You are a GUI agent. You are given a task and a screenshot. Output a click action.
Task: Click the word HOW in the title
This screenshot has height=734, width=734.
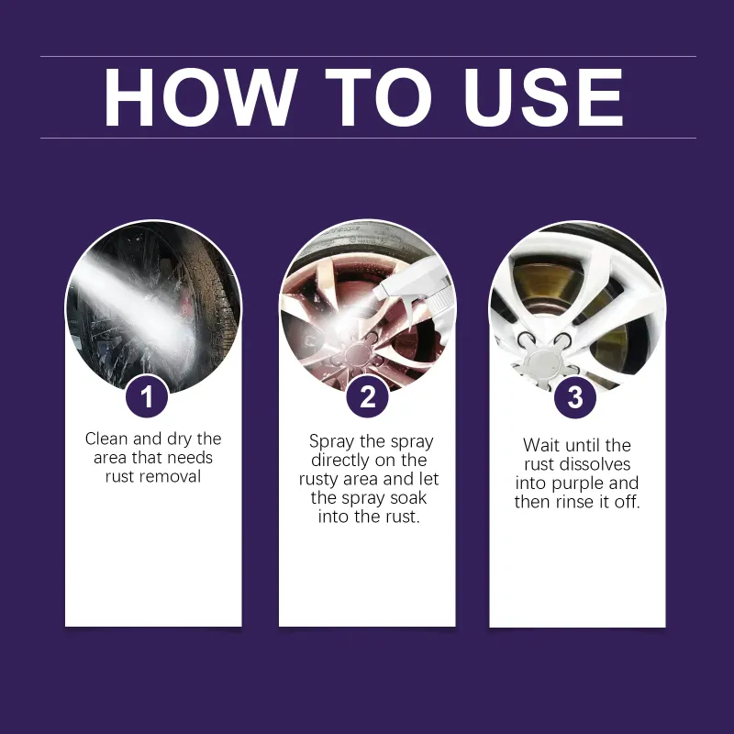(200, 97)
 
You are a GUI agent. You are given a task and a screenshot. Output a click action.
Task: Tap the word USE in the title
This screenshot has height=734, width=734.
(543, 97)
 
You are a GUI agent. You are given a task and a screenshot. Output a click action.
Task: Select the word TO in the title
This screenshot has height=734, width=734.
(378, 97)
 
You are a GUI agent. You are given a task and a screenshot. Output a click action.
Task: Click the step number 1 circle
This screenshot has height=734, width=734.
(147, 397)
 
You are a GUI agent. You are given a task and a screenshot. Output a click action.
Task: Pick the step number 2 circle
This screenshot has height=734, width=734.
(368, 397)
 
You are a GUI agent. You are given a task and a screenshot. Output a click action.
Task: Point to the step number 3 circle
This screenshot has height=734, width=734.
(575, 397)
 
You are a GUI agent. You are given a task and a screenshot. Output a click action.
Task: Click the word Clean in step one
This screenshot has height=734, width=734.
(106, 439)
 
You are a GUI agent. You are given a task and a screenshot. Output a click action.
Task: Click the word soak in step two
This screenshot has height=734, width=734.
(408, 497)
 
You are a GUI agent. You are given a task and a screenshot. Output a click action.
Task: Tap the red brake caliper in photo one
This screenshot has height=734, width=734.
(186, 305)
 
